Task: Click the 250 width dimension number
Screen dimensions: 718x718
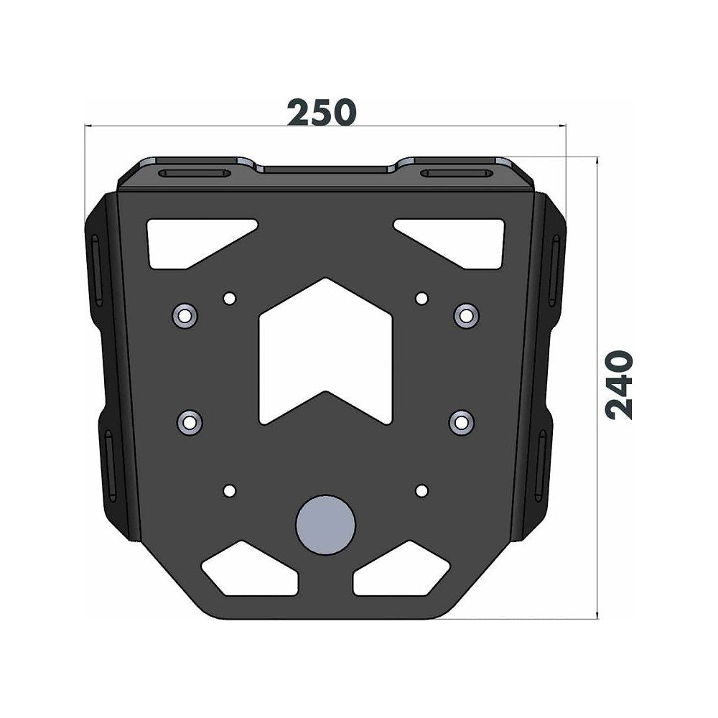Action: pos(322,113)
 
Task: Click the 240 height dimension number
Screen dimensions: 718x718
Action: pos(620,385)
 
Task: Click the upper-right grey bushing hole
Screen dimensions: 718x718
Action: pos(466,314)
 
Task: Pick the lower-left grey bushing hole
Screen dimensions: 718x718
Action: pos(189,421)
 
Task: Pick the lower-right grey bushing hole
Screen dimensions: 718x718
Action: pos(461,421)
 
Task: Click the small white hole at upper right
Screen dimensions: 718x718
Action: pos(421,297)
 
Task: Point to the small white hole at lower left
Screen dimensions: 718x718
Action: pos(229,490)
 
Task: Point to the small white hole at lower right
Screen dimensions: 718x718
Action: pos(421,490)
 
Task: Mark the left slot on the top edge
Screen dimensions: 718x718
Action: pos(196,174)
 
